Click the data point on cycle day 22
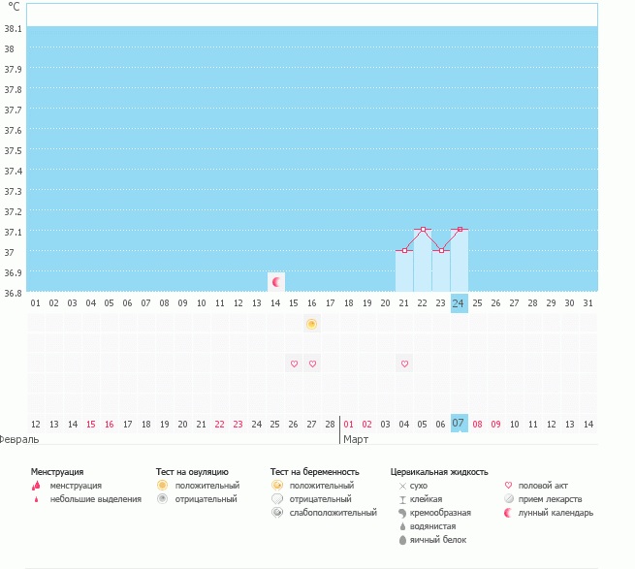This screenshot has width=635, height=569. [423, 230]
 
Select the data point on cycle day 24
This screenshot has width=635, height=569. [460, 230]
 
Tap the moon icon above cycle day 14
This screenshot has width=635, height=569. [276, 282]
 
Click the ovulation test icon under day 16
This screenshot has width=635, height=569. [311, 324]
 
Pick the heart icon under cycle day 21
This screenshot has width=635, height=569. [404, 364]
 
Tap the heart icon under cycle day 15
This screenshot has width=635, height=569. [294, 364]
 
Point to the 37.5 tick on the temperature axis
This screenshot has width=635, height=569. [13, 150]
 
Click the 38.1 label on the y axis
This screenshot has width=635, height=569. [13, 28]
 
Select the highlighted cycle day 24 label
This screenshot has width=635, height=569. [459, 303]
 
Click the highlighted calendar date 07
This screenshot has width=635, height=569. [459, 424]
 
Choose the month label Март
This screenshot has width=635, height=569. [356, 439]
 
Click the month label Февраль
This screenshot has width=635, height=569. [18, 439]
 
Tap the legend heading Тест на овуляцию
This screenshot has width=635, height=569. [192, 472]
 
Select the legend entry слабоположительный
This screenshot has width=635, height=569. [333, 513]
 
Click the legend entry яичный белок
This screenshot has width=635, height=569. [438, 540]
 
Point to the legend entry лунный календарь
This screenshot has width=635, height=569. [556, 513]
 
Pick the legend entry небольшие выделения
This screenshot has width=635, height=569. [96, 499]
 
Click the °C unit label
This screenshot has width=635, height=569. [14, 7]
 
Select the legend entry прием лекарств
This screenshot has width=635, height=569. [550, 499]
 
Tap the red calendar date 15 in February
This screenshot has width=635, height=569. [91, 425]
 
